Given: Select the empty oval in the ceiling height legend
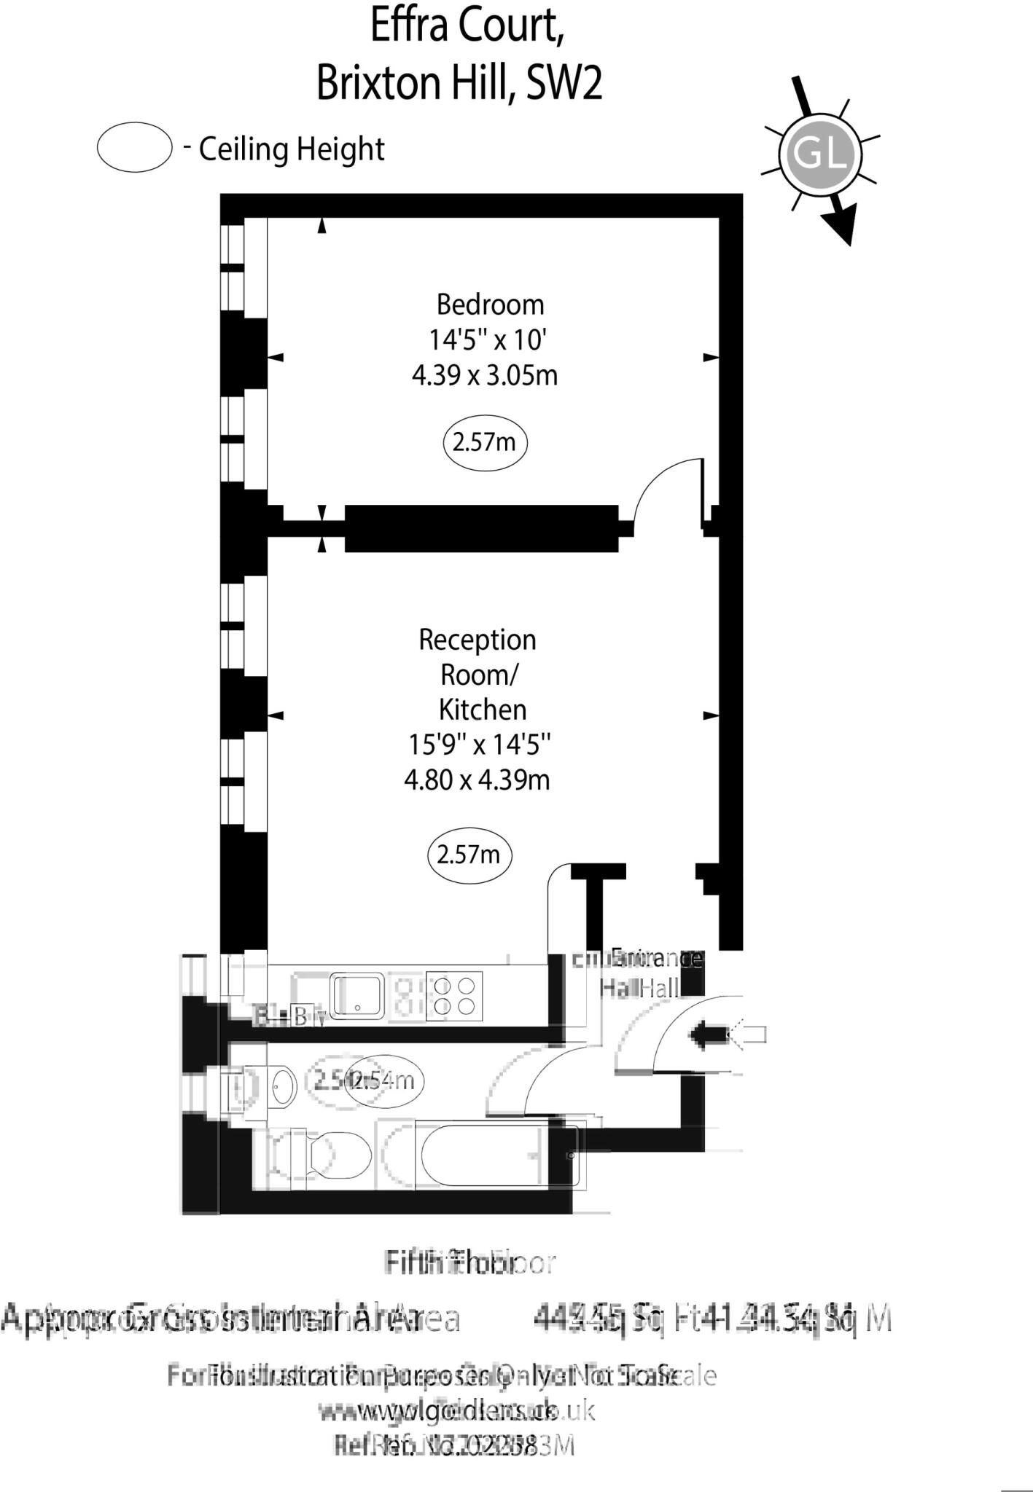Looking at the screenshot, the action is pos(134,147).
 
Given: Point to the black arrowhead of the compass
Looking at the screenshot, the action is pos(843,227).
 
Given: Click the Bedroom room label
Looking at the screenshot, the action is pos(490,305).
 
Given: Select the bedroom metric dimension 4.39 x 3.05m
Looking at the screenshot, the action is pos(485,376).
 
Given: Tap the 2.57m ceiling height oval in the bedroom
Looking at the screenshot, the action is pos(485,442).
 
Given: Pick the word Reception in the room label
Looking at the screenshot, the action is pos(477,640).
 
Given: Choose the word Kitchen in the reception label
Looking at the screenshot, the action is pos(482,710).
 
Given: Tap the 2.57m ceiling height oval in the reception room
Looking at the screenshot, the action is pos(469,854).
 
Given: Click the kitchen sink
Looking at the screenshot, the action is pos(357,996).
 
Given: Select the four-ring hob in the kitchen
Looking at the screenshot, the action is pos(454,996).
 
